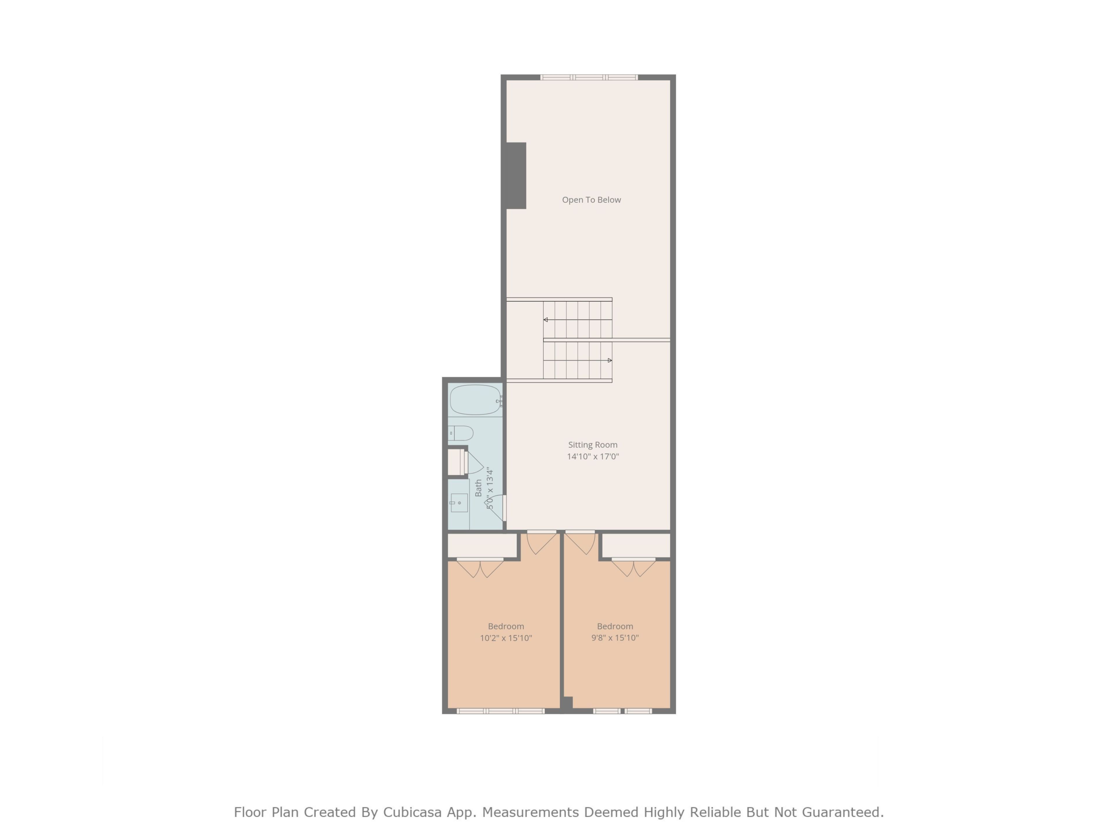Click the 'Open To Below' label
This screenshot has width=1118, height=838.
[x=591, y=200]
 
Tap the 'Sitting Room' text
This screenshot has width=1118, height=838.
[x=593, y=445]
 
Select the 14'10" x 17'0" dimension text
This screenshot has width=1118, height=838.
[x=593, y=456]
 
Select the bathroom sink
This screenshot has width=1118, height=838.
[x=459, y=503]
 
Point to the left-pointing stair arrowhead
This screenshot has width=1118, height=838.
[x=545, y=320]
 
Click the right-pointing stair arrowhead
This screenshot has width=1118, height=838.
[x=610, y=360]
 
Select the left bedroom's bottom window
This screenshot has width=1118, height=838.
[x=500, y=711]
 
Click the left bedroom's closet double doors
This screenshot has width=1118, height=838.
[x=480, y=568]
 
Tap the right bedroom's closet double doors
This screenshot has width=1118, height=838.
[x=634, y=568]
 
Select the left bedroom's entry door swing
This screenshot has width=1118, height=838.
[x=541, y=543]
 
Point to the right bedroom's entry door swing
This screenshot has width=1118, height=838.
[x=580, y=543]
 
